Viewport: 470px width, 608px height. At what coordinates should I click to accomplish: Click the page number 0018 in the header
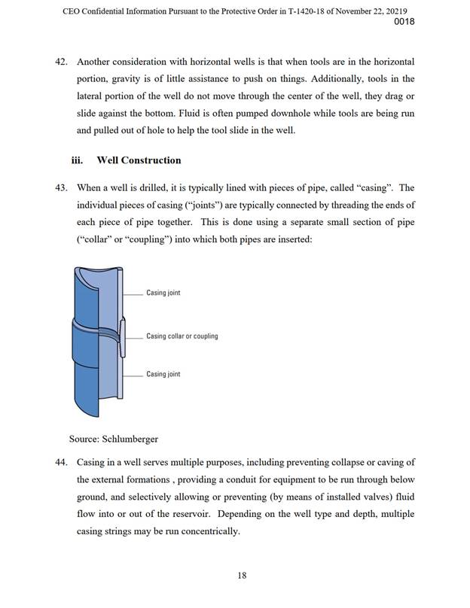[x=404, y=22]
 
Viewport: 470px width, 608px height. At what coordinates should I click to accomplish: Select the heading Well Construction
[x=139, y=160]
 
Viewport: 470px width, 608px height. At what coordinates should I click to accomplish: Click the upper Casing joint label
[x=163, y=293]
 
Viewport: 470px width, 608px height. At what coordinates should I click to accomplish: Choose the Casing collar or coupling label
[x=182, y=336]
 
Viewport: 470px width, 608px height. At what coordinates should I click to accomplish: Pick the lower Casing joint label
[x=163, y=374]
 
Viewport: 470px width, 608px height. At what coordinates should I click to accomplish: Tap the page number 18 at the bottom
[x=242, y=576]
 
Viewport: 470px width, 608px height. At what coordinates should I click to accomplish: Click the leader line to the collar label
[x=134, y=336]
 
